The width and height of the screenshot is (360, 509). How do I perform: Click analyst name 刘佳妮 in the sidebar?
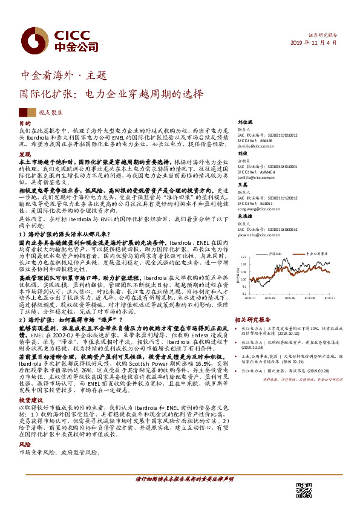244,122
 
